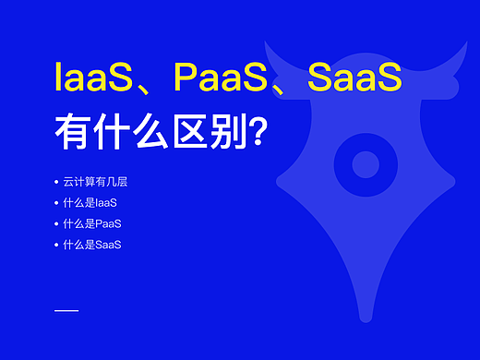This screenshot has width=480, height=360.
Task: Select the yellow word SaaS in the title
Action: click(x=354, y=78)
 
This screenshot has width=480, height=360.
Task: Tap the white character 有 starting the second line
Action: click(x=72, y=132)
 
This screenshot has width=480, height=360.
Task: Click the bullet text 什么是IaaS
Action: click(x=90, y=202)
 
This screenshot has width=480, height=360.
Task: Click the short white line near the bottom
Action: click(x=66, y=310)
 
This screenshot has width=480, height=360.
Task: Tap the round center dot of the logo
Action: click(x=366, y=164)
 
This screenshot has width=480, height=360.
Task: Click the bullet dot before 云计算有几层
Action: click(x=57, y=181)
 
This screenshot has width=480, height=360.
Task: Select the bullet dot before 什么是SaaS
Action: click(x=57, y=245)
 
